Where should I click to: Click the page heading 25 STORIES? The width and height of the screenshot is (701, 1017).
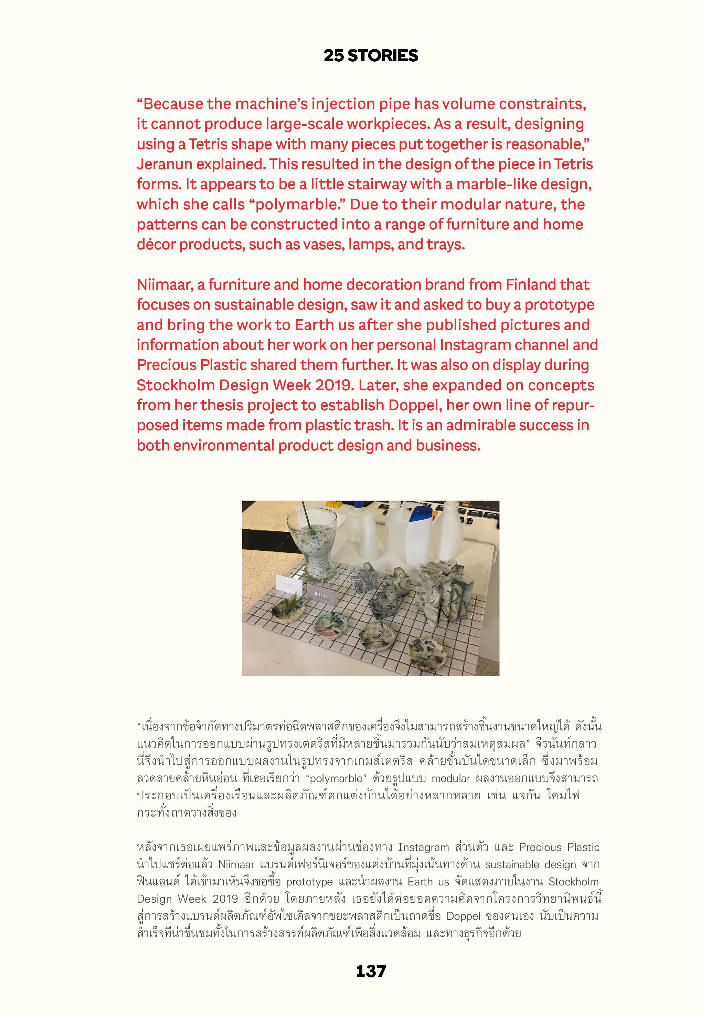[x=371, y=56]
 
